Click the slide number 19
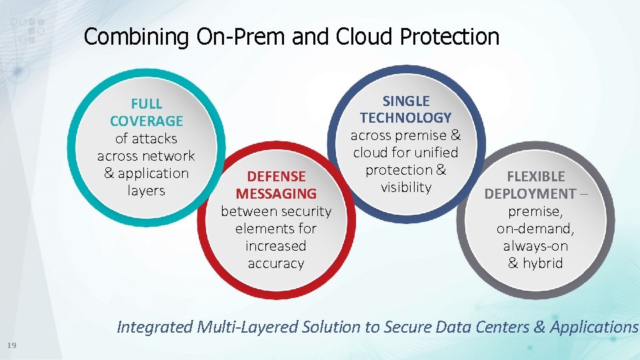11,345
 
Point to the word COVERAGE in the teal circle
146,121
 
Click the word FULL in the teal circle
146,104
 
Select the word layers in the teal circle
146,191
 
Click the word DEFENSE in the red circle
276,177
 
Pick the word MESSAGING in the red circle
276,194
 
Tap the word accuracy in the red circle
276,263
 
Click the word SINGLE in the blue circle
406,101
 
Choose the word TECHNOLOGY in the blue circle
406,118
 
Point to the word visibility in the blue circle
406,187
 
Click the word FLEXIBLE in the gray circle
535,177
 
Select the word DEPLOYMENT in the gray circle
529,194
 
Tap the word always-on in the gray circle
535,246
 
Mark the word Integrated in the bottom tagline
155,327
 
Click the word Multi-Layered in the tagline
248,327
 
